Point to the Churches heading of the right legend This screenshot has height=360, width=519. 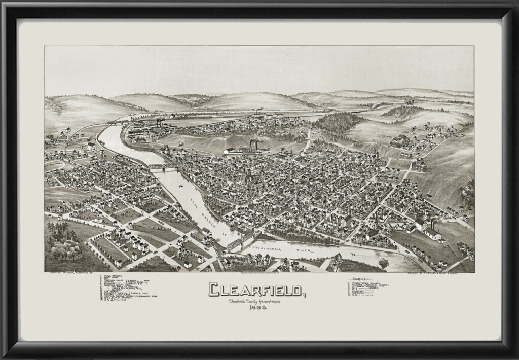click(x=361, y=278)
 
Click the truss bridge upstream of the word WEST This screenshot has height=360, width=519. click(x=162, y=167)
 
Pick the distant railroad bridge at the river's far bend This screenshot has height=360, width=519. click(x=117, y=122)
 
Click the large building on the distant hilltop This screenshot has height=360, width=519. click(x=409, y=101)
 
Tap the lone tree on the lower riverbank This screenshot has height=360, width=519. click(x=383, y=264)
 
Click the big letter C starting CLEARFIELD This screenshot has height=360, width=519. click(x=214, y=289)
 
